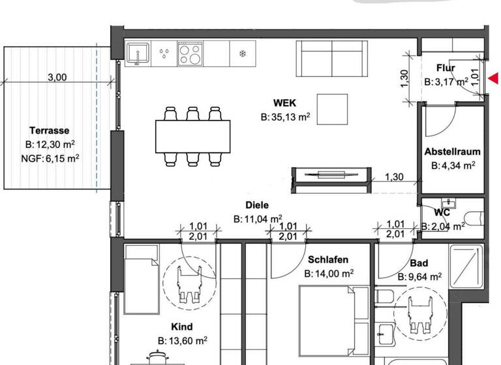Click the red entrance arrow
494,78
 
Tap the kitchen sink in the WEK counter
138,53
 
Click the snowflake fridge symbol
243,53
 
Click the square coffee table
333,108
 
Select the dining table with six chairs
192,136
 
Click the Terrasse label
49,130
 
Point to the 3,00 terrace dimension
57,77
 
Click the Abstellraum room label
452,152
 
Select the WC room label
443,212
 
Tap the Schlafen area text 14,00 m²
329,274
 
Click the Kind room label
182,327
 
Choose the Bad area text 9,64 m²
419,277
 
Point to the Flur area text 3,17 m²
446,82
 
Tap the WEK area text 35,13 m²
285,118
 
